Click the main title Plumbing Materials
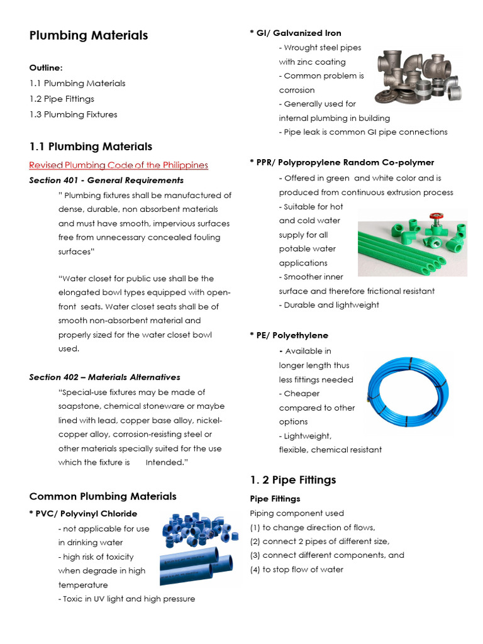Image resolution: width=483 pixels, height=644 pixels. tap(89, 35)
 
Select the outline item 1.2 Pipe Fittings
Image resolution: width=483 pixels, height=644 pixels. tap(62, 99)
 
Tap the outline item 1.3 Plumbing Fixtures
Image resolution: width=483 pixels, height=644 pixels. tap(73, 114)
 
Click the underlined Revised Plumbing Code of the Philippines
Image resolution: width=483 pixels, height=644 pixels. tap(118, 165)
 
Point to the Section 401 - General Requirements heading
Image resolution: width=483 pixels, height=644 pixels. tap(106, 180)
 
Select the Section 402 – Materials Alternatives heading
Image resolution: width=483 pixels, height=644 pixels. tap(104, 377)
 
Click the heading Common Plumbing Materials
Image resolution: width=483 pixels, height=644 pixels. tap(103, 496)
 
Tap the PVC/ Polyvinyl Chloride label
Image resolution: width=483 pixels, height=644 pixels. tap(83, 514)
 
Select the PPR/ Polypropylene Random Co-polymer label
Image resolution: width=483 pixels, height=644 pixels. tap(341, 162)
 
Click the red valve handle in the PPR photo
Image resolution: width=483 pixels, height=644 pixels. tap(435, 218)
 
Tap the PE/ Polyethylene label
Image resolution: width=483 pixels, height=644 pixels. tap(289, 335)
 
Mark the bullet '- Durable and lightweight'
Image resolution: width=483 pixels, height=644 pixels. tap(329, 305)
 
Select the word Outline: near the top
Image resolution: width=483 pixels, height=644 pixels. tap(46, 68)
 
